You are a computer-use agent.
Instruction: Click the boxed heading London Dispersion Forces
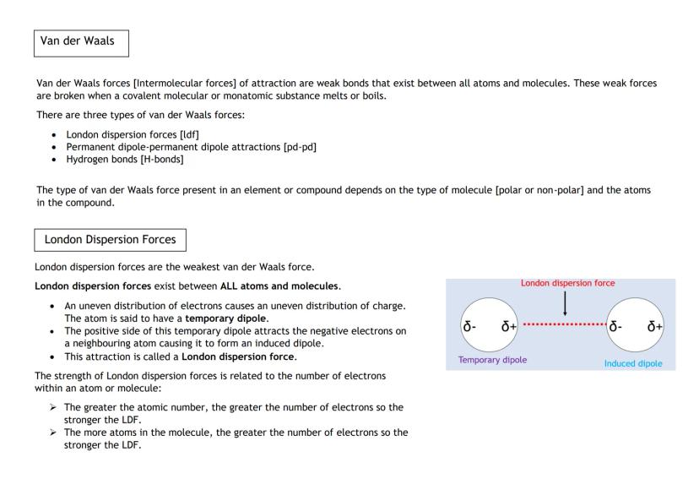(x=110, y=239)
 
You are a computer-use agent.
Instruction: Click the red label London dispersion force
(x=567, y=284)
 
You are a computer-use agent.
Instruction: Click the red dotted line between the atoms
(x=564, y=324)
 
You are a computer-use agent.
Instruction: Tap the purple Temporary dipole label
(x=492, y=360)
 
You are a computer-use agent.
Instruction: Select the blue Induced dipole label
(x=632, y=363)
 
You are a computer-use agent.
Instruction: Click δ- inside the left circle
(x=470, y=326)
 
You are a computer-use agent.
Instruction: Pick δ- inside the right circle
(x=618, y=326)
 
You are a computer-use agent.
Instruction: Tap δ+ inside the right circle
(x=656, y=326)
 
